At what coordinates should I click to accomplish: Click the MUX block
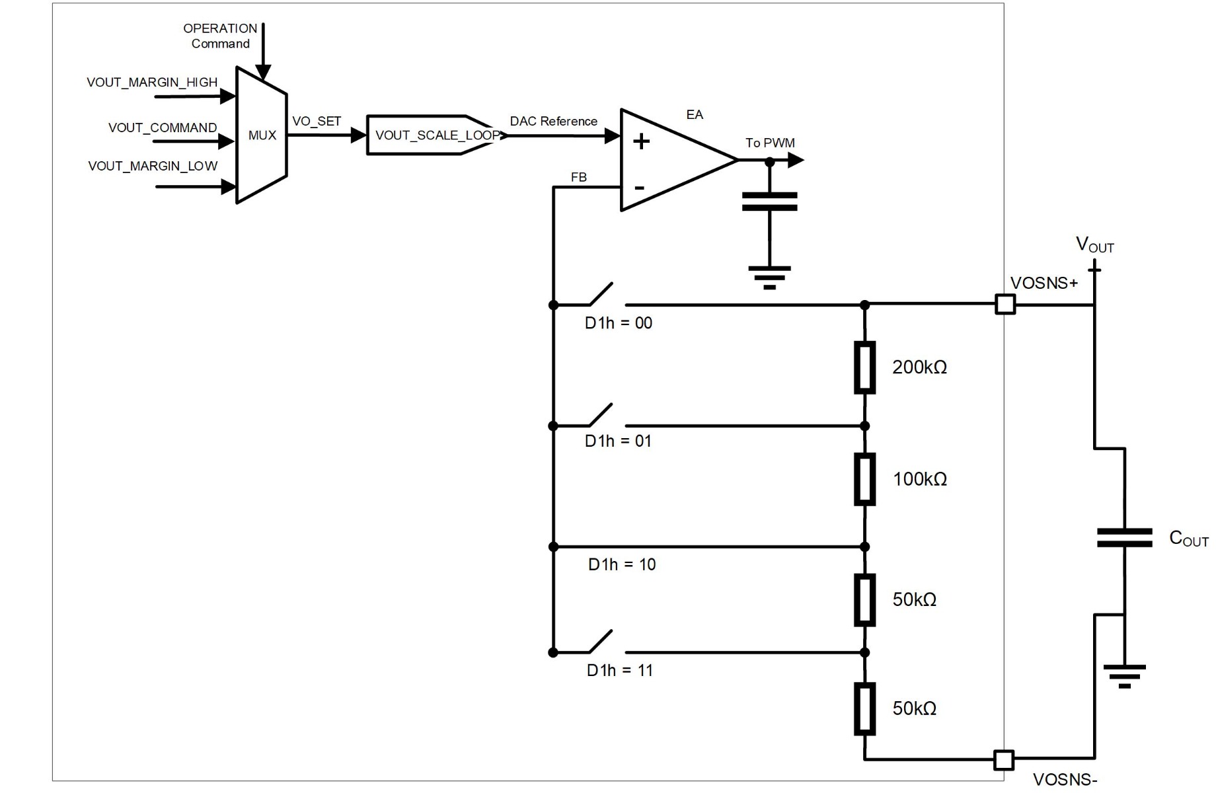click(262, 135)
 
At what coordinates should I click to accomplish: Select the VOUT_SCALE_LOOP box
click(433, 135)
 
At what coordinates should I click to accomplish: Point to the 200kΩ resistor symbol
click(864, 367)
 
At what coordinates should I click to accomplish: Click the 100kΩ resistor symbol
click(864, 479)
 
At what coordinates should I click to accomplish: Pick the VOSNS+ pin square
click(1005, 305)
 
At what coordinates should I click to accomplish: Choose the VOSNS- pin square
click(1004, 760)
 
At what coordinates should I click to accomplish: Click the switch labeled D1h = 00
click(601, 295)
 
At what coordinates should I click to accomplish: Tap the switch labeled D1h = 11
click(601, 642)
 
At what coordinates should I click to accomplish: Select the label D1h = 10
click(622, 564)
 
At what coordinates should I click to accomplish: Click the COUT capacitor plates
click(1124, 538)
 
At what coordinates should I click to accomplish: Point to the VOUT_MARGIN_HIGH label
click(152, 83)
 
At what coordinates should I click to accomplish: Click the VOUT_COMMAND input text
click(163, 128)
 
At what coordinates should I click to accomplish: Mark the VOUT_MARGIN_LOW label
click(153, 166)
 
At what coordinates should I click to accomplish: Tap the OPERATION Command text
click(220, 36)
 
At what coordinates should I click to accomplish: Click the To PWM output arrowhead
click(796, 160)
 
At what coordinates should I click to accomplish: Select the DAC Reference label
click(553, 122)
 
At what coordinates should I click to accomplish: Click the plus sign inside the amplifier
click(641, 141)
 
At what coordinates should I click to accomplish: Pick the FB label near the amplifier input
click(578, 177)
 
